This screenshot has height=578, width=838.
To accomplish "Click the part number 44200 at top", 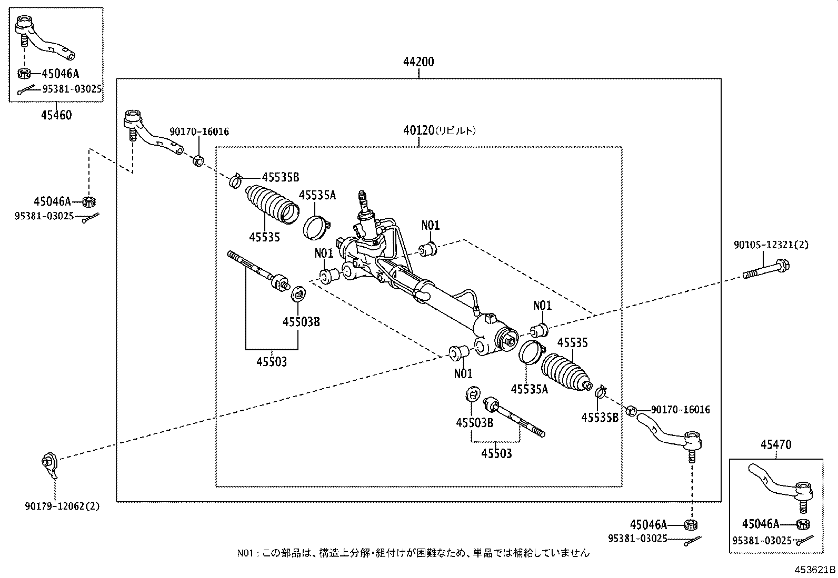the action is pos(418,62).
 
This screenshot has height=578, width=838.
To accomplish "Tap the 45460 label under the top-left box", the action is pos(56,115).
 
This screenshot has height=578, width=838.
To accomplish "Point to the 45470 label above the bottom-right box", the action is pos(776,444).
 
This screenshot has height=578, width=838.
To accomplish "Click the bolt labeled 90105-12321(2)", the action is pos(766,270).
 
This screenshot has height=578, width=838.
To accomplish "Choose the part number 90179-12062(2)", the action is pos(63,506).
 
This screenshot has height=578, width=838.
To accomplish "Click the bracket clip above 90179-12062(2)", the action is pos(50,465).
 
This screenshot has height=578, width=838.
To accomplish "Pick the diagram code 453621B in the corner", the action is pos(815,570).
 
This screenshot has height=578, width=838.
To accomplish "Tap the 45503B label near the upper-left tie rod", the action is pos(301,321).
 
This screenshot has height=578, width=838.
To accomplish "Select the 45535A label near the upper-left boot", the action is pos(317,195).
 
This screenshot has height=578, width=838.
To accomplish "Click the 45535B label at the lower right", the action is pos(600,418).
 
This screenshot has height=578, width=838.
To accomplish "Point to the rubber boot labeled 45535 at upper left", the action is pos(272,205).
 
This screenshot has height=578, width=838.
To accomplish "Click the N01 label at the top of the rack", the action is pos(430,226).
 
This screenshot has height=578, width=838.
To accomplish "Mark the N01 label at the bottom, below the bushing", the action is pos(463,373).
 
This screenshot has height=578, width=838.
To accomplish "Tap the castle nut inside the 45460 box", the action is pos(24,73).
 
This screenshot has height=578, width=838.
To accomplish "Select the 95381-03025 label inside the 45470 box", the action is pos(762,541).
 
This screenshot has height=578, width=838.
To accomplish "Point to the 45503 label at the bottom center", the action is pos(496,453).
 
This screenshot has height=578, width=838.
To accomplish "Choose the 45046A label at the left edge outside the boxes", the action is pos(53,201).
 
